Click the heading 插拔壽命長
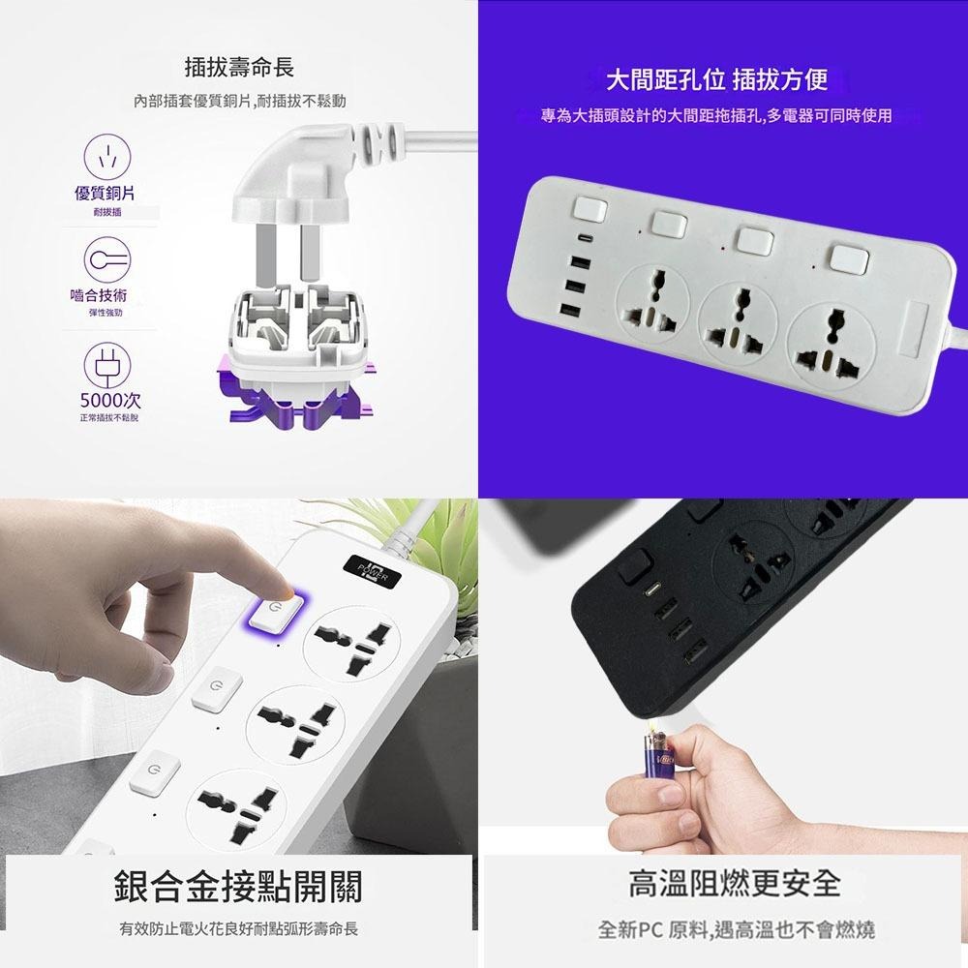(x=239, y=68)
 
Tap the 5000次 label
(x=108, y=400)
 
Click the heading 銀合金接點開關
(x=238, y=885)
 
